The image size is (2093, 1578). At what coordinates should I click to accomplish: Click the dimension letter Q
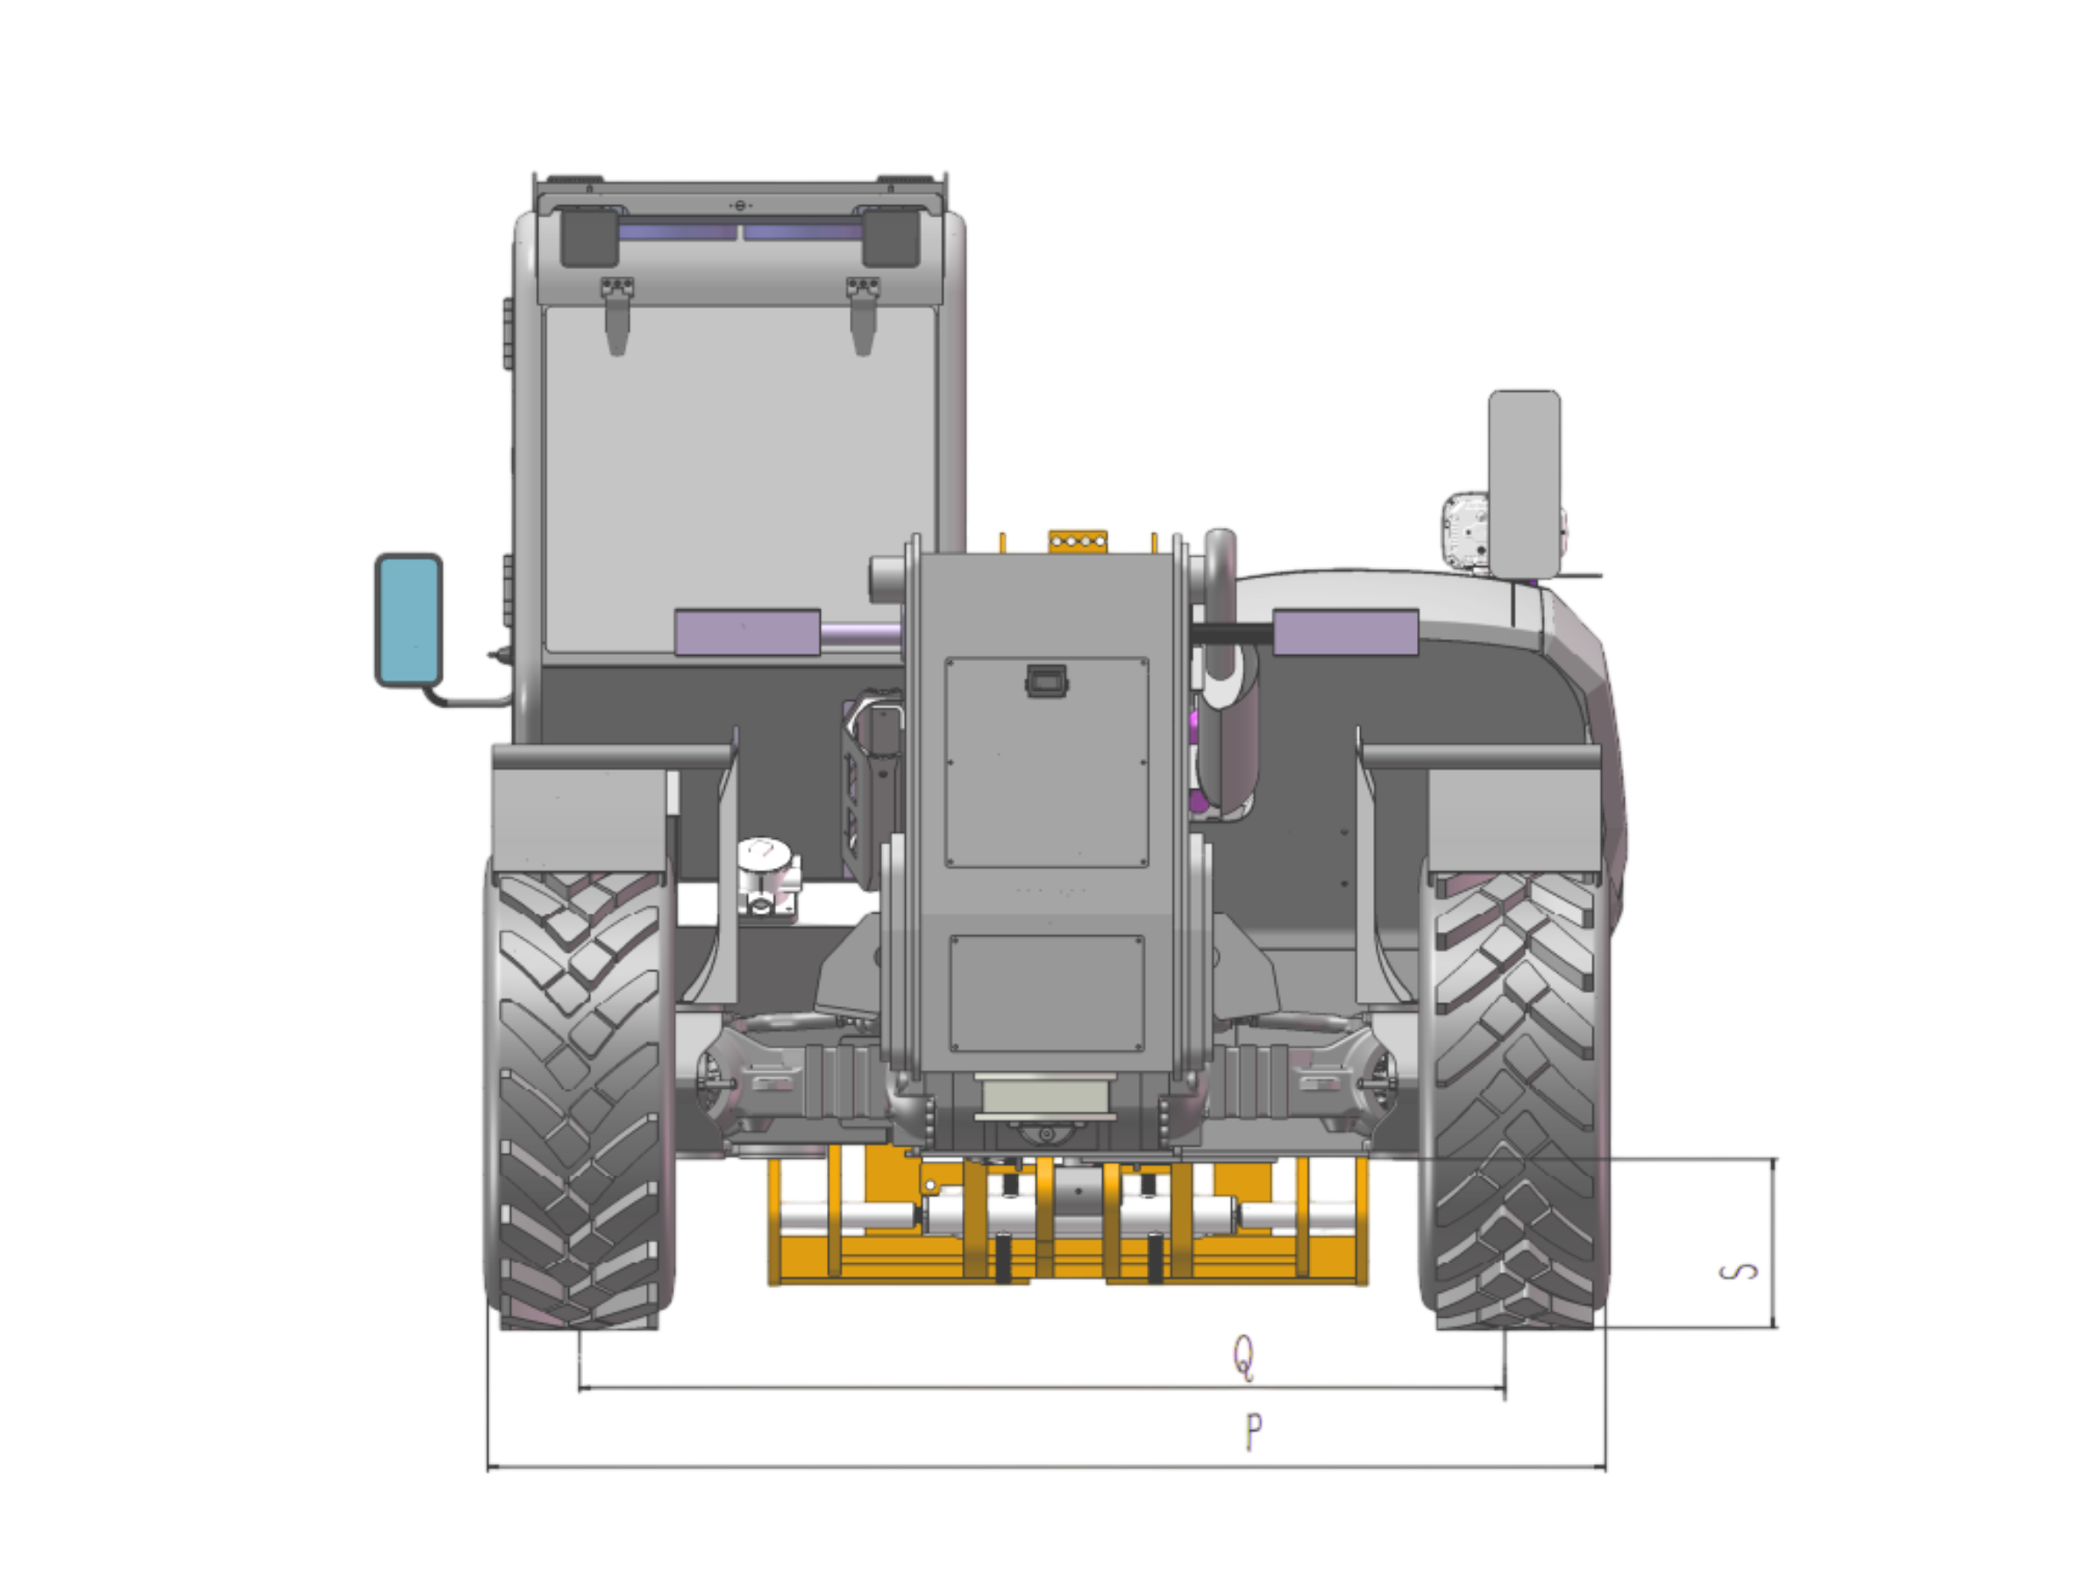point(1245,1356)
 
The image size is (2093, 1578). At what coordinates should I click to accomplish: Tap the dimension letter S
point(1739,1272)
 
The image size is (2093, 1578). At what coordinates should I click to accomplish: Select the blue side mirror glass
point(409,618)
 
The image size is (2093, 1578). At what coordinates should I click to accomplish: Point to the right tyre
point(1514,1098)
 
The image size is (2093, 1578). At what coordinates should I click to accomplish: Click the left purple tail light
point(746,632)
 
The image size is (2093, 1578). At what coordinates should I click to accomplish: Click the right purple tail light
point(1345,632)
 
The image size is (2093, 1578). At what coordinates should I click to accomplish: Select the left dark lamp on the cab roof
point(588,238)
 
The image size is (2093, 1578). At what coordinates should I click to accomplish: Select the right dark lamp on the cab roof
point(890,238)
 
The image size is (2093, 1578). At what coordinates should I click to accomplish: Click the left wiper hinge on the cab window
point(616,312)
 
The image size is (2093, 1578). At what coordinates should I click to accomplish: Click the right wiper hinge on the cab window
point(862,312)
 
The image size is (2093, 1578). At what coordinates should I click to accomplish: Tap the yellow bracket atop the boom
point(1076,540)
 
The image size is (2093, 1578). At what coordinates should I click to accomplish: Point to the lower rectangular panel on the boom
point(1047,993)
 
